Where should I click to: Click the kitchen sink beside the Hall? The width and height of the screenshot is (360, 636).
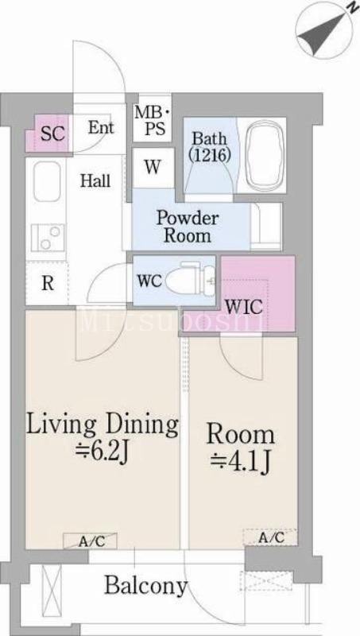pos(47,181)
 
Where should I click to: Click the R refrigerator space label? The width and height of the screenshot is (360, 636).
pos(48,284)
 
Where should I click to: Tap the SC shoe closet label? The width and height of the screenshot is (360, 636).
pos(53,134)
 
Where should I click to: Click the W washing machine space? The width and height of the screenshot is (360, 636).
pos(153,168)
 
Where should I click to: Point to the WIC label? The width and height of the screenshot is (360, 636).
pos(244,308)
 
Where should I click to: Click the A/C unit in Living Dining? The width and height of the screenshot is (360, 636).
pos(90,541)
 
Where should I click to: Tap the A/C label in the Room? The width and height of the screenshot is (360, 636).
pos(272,538)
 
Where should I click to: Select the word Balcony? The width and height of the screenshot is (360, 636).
pos(146,585)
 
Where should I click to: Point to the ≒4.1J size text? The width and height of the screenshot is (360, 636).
pos(240,461)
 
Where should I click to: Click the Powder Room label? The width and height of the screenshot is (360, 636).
pos(188,227)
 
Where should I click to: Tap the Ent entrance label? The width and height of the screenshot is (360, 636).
pos(102,128)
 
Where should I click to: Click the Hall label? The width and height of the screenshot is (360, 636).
pos(95,180)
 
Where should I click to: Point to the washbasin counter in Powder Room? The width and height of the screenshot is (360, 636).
pos(266,227)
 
